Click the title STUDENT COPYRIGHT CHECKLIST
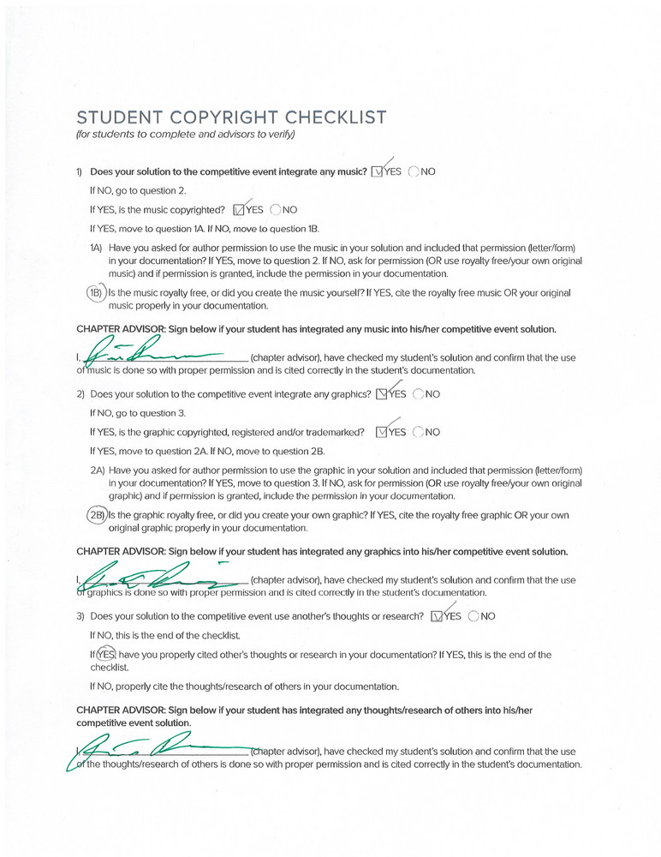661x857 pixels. pos(231,117)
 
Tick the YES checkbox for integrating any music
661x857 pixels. pos(378,172)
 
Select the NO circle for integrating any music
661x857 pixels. pos(414,171)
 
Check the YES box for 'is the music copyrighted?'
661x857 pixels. pos(239,210)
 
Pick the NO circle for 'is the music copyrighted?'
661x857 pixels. pos(276,210)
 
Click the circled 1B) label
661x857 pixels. pos(95,293)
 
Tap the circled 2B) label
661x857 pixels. pos(97,515)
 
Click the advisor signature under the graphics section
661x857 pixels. pos(154,577)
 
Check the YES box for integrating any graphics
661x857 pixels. pos(381,395)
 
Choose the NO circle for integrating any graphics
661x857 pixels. pos(418,395)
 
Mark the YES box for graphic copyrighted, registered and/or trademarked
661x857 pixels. pos(382,433)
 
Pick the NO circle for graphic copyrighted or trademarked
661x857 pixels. pos(418,433)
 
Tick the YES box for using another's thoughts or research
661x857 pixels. pos(438,616)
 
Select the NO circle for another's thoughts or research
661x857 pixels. pos(473,616)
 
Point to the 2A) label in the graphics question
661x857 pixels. pos(98,470)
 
